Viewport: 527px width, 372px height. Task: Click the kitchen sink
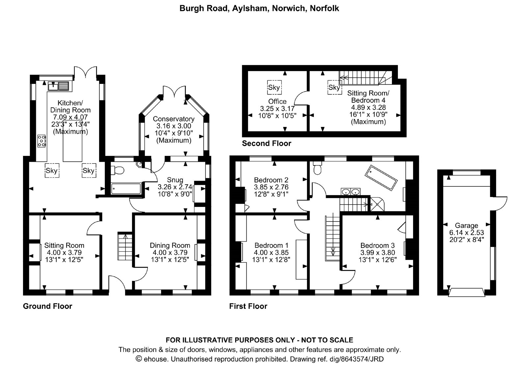point(58,86)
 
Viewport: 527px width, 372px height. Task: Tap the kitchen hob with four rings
point(42,141)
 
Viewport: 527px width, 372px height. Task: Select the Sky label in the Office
point(274,87)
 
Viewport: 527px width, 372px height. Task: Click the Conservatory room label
point(174,119)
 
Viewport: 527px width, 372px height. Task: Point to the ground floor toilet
point(117,170)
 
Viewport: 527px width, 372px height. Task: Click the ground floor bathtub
point(126,188)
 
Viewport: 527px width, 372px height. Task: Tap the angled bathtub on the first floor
point(381,178)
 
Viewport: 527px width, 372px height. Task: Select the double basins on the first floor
point(350,192)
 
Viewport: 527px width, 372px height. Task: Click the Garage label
point(466,225)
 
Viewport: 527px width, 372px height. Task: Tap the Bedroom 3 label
point(377,245)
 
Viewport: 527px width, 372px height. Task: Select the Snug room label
point(175,180)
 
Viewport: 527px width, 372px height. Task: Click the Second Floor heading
point(266,143)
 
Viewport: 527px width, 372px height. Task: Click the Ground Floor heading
point(47,306)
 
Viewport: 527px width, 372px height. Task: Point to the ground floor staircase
point(125,246)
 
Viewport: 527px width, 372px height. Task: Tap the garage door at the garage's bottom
point(466,292)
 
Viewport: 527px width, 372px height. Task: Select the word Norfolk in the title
point(324,8)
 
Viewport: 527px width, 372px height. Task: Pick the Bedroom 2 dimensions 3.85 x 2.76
point(271,187)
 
